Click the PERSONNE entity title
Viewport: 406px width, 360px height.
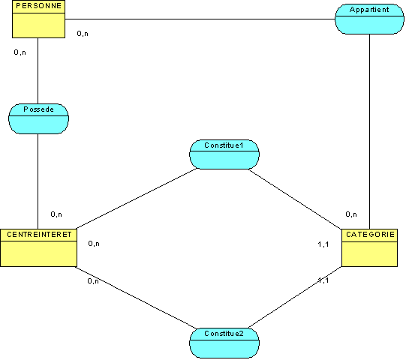click(38, 6)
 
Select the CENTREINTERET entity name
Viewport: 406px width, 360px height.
click(39, 235)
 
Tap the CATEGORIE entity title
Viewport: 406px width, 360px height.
click(370, 235)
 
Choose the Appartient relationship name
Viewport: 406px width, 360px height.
click(369, 10)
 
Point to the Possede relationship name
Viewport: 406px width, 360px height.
click(38, 109)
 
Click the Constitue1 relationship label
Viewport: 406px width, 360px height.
click(224, 145)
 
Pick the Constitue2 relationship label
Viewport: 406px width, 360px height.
click(224, 334)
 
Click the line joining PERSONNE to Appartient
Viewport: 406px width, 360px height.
click(200, 19)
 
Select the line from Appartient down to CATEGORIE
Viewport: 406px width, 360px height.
click(369, 131)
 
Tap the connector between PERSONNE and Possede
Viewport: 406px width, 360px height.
click(38, 71)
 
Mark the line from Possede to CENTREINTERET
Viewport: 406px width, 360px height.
click(38, 181)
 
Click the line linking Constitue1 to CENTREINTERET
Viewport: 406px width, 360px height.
click(137, 199)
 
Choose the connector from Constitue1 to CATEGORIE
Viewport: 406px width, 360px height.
click(295, 199)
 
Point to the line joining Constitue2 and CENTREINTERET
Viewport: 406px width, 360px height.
click(136, 298)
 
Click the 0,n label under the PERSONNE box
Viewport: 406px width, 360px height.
click(20, 52)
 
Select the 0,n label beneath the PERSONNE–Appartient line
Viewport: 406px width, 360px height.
click(83, 34)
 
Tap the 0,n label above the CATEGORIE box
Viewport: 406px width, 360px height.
click(351, 214)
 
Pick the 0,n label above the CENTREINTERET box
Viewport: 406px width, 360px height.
click(56, 214)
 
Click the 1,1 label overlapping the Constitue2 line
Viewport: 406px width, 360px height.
click(323, 280)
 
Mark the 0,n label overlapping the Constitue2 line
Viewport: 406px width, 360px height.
click(93, 281)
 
